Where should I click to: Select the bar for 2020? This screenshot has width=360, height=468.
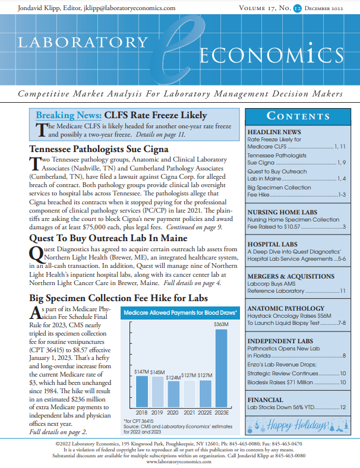click(173, 393)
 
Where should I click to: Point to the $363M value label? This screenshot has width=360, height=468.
click(221, 324)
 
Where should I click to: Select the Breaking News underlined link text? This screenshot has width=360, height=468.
click(68, 115)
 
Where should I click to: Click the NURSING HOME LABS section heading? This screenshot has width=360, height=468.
click(282, 212)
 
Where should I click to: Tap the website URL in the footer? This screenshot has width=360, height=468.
click(179, 461)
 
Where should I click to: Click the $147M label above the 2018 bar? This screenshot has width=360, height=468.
click(141, 372)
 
